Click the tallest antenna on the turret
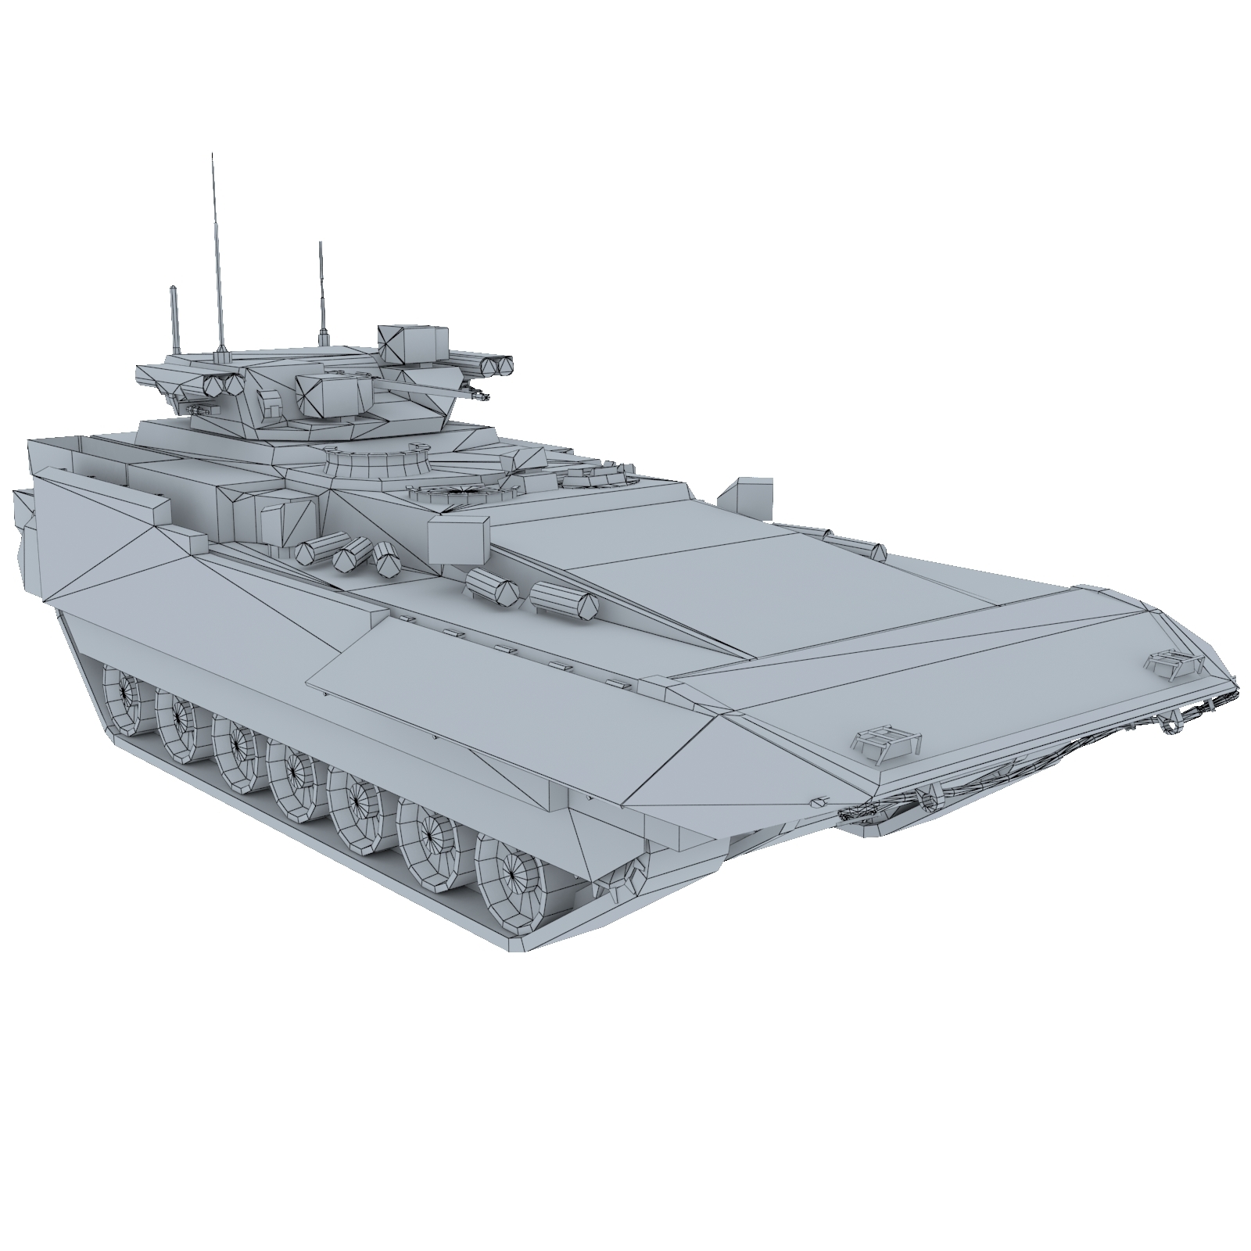pyautogui.click(x=217, y=250)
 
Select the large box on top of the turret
pyautogui.click(x=412, y=344)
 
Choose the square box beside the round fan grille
pyautogui.click(x=457, y=537)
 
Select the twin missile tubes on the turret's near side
pyautogui.click(x=222, y=384)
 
